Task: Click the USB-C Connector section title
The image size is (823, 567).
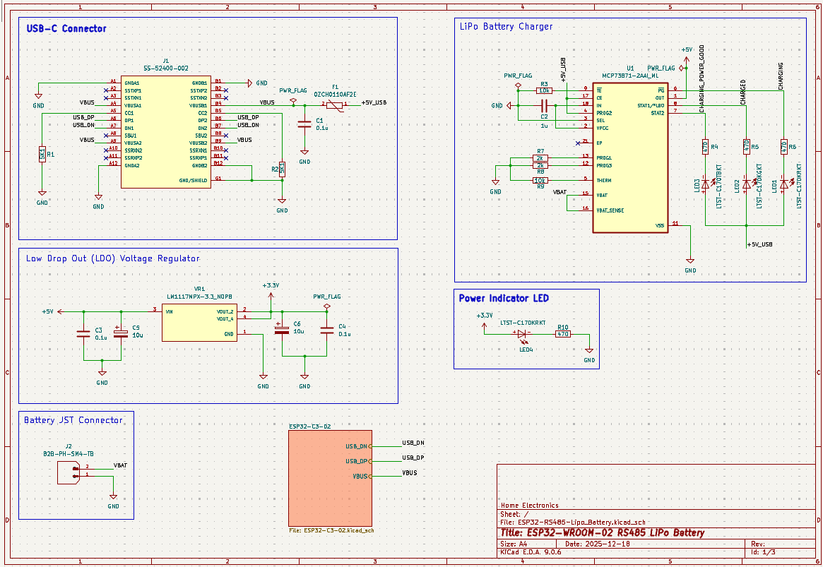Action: pos(66,29)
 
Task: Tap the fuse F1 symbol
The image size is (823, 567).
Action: pos(335,105)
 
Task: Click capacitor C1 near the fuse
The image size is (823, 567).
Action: pos(304,124)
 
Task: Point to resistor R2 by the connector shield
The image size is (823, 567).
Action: pos(282,169)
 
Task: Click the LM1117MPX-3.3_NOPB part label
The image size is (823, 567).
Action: pos(199,297)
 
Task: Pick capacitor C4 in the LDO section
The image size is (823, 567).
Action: pos(326,329)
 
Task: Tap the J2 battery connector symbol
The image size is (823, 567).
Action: pos(72,472)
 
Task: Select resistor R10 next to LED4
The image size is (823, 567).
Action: pos(562,334)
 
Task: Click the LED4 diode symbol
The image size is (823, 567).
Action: pos(523,334)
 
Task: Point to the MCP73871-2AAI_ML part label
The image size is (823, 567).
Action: pos(630,75)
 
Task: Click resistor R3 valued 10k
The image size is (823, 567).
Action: pos(544,90)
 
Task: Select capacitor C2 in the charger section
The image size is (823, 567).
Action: pos(544,106)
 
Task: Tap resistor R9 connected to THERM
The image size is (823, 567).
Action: pos(540,181)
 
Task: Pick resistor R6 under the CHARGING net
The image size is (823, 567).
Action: pos(783,146)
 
